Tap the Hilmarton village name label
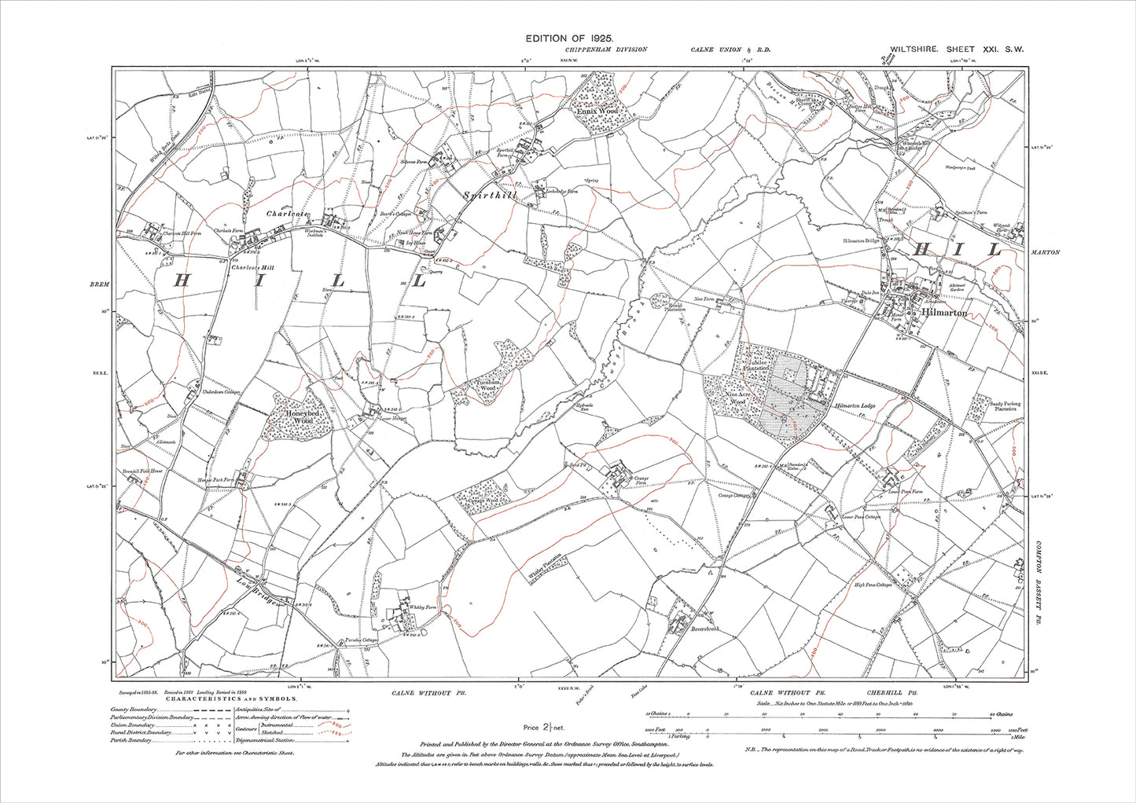point(943,313)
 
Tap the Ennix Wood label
point(597,112)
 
